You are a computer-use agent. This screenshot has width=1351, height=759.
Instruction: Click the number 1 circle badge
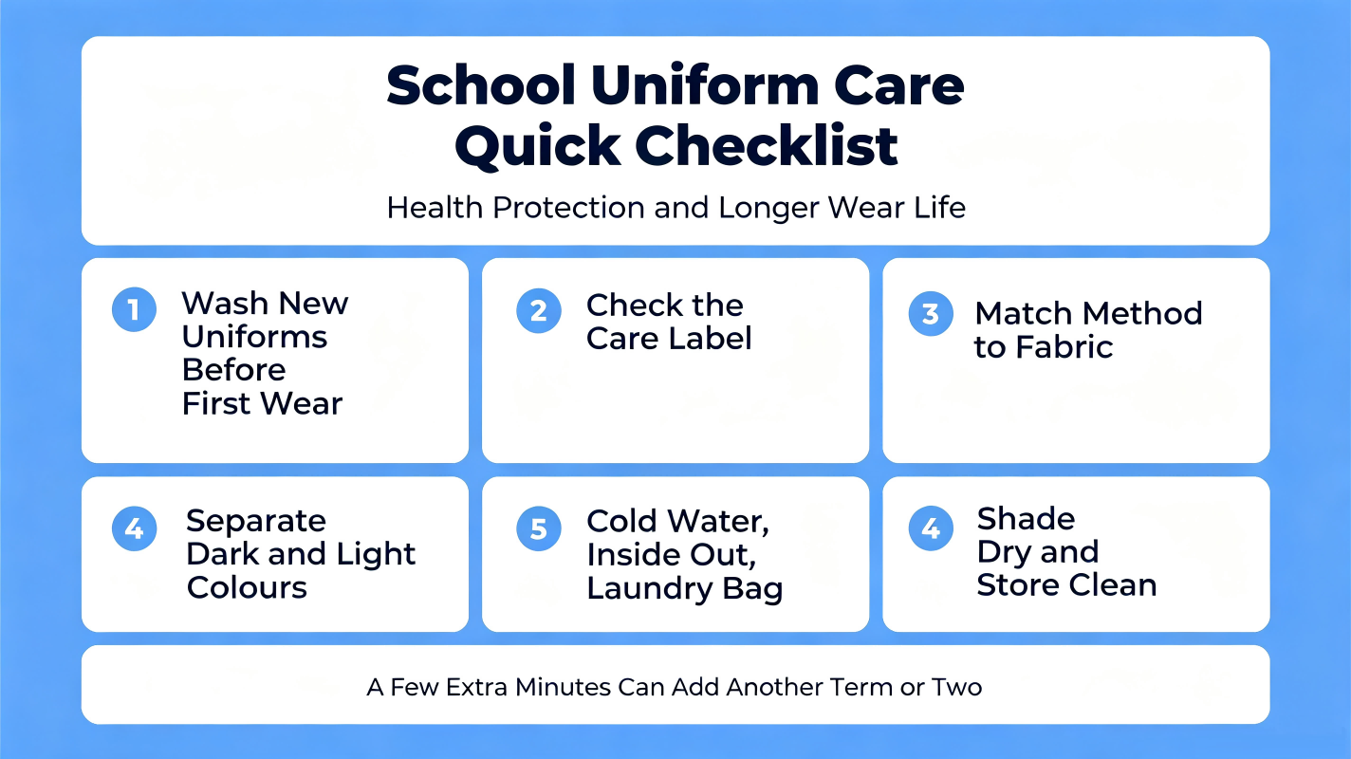click(x=134, y=309)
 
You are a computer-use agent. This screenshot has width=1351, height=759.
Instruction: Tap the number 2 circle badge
click(x=539, y=311)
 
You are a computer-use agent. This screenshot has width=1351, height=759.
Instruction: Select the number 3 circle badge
click(x=931, y=314)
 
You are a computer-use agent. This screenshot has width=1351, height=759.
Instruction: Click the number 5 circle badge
click(x=539, y=528)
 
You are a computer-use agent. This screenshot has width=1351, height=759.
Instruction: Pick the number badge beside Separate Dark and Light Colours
click(x=134, y=528)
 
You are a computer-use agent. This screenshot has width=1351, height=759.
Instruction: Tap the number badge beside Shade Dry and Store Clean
click(x=931, y=528)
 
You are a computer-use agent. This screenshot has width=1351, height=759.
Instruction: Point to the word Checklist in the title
click(x=766, y=146)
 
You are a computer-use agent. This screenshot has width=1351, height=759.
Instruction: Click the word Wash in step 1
click(x=225, y=303)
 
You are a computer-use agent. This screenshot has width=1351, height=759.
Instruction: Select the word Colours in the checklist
click(x=247, y=587)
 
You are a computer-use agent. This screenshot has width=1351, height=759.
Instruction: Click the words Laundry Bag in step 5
click(x=685, y=589)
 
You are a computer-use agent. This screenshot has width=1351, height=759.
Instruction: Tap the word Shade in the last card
click(x=1026, y=518)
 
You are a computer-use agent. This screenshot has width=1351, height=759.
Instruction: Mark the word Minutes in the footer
click(x=563, y=687)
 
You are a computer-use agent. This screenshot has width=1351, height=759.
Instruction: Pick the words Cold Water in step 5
click(x=678, y=521)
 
